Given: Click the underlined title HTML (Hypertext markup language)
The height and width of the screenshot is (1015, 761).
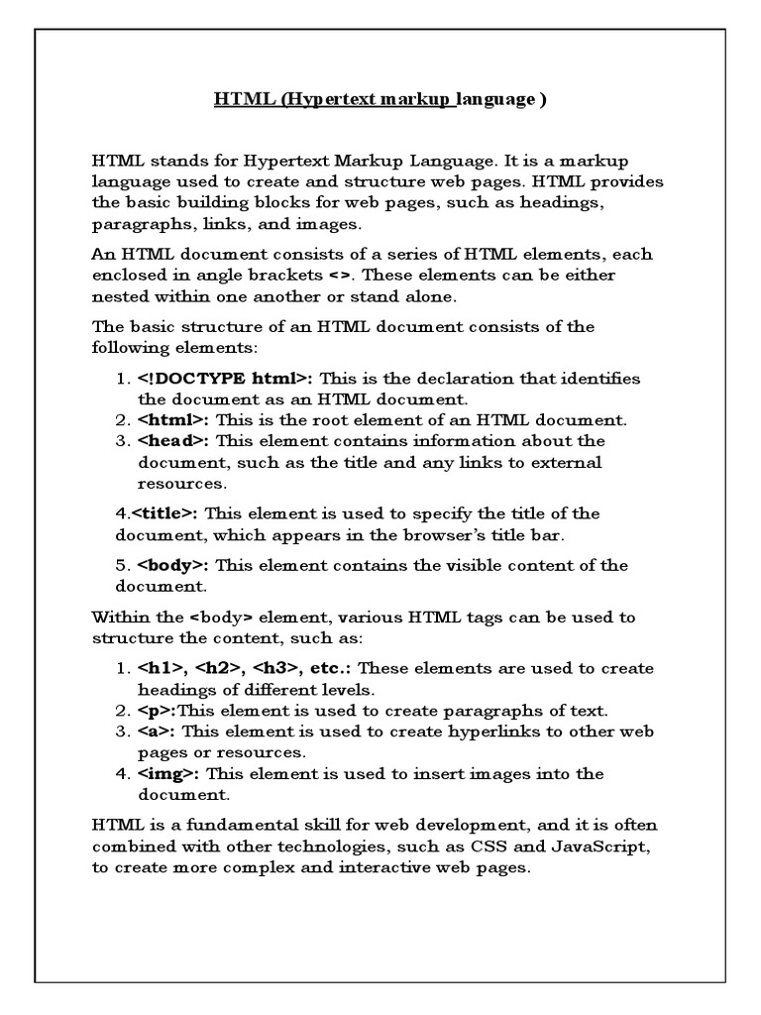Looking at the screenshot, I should pos(380,100).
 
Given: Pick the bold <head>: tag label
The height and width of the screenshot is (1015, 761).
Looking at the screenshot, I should pos(174,441).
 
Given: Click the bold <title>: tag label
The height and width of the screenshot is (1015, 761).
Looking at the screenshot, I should pos(164,513).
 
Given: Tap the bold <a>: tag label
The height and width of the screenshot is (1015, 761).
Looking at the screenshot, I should pos(157,732).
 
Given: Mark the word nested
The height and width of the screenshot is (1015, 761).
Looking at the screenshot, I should pos(119,295).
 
